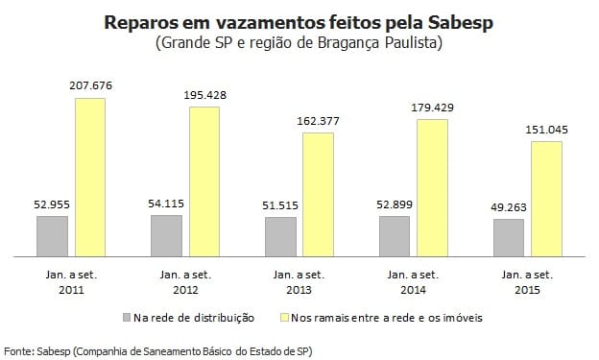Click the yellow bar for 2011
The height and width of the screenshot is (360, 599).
(x=90, y=179)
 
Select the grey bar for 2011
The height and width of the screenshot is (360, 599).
(x=53, y=237)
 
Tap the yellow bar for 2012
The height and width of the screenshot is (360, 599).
(x=204, y=182)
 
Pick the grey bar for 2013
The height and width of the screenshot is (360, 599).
(x=280, y=238)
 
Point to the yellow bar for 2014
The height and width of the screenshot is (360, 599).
(x=432, y=188)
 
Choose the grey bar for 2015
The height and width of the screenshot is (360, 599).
(x=509, y=239)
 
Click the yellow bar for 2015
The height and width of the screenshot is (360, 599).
(x=546, y=200)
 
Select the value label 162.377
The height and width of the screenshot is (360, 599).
(x=318, y=121)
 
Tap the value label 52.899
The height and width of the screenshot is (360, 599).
(x=395, y=204)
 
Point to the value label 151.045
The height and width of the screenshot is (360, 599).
(x=546, y=130)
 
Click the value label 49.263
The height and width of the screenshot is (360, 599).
(x=509, y=206)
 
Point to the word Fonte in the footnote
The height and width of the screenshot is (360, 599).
(x=18, y=350)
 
